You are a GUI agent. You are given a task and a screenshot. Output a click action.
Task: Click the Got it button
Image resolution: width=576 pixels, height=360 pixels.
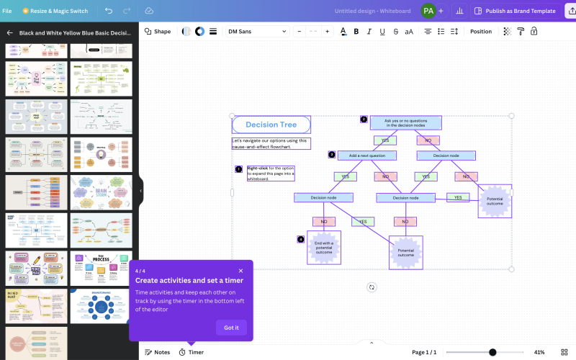coord(231,328)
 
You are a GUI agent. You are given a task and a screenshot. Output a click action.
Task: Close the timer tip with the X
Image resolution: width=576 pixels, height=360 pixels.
coord(240,271)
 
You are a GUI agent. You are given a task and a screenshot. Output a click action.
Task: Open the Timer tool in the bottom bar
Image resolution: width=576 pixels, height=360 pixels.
coord(191,352)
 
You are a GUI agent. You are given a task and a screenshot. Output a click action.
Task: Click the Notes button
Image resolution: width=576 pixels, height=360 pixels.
coord(157,352)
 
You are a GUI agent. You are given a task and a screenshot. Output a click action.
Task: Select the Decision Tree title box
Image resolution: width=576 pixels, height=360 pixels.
coord(271,125)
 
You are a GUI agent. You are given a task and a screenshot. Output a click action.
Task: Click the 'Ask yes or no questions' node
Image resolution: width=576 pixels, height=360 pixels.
coord(405,123)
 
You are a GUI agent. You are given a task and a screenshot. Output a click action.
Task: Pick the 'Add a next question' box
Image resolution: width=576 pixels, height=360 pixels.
coord(366,156)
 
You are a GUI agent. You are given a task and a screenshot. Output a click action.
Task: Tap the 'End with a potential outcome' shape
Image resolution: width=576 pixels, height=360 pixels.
coord(323,248)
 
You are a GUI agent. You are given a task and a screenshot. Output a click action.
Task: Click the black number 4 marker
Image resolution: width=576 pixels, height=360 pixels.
coord(300,239)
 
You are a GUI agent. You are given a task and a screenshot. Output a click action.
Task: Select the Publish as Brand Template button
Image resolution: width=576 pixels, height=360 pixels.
coord(516,11)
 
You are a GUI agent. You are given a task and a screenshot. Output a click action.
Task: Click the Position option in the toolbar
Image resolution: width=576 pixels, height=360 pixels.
coord(481,32)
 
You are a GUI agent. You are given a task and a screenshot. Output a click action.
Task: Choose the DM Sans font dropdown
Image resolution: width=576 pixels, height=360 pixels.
coord(256,32)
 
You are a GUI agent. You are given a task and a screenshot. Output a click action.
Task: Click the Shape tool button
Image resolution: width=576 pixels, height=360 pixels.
coord(158,32)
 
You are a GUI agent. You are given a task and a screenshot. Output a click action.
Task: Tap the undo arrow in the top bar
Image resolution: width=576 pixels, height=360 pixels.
coord(109,11)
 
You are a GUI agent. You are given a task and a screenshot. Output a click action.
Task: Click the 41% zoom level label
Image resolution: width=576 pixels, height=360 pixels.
coord(539,352)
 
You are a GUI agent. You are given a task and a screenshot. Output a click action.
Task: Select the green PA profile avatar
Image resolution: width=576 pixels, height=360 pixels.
coord(428,11)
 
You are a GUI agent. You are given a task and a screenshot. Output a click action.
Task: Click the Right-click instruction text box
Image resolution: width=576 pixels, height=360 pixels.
coord(270,173)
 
